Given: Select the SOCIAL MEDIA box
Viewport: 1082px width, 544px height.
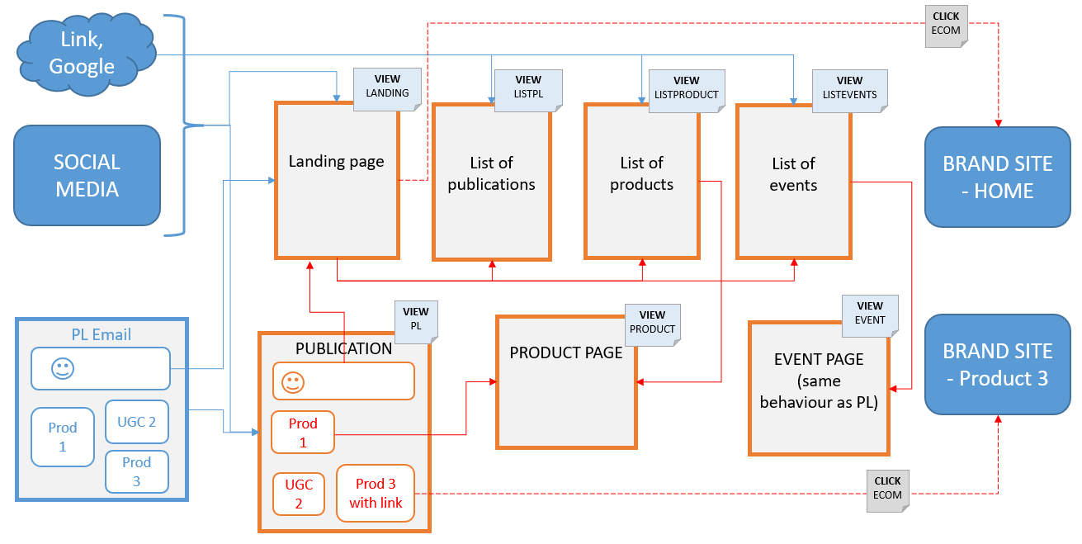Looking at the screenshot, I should tap(87, 176).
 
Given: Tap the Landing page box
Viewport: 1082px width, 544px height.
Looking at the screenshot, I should tap(337, 180).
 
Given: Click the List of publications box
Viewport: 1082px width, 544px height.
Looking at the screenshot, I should tap(491, 182).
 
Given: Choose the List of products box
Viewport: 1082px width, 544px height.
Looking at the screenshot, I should tap(641, 182).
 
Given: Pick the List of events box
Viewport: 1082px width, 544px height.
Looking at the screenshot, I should tap(793, 182).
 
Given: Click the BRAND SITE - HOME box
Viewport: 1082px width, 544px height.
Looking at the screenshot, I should tap(997, 177).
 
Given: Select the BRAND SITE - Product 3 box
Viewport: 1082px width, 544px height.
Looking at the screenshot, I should tap(997, 364).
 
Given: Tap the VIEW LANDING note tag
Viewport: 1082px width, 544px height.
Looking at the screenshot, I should tap(387, 86).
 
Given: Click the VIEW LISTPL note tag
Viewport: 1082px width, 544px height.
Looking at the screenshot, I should tap(528, 88).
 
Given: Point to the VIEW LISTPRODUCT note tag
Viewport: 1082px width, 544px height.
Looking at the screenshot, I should tap(686, 88).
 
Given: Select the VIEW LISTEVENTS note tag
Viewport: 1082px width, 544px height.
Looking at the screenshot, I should tap(849, 88).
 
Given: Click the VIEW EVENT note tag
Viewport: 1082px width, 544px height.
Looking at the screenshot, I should tap(870, 313).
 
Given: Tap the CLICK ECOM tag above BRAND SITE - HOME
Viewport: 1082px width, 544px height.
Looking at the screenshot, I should tap(946, 24).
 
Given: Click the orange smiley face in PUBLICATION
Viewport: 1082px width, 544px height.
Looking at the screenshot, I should tap(291, 383).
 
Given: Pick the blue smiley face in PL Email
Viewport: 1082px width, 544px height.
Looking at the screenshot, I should tap(62, 369).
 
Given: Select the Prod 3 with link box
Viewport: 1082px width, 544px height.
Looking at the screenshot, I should tap(376, 494).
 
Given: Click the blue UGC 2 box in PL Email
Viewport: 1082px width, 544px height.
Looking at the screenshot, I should tap(136, 422).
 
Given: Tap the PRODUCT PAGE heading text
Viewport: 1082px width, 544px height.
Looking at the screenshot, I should tap(566, 352).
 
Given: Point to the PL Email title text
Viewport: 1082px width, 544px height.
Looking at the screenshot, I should tap(101, 334).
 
